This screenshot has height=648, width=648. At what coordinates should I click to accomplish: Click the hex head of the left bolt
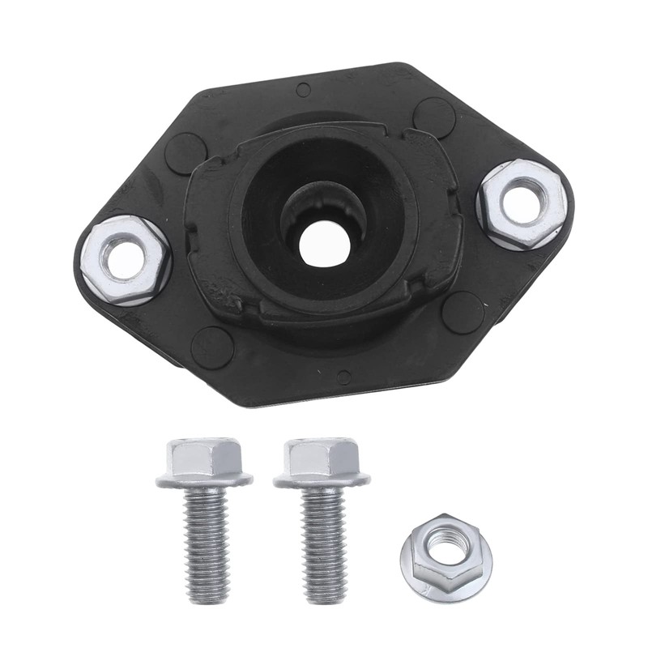[202, 458]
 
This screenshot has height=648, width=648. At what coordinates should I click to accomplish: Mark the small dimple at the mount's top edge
[303, 90]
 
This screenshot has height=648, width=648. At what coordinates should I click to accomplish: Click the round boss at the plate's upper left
[185, 153]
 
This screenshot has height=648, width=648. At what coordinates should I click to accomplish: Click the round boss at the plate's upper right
[433, 117]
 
